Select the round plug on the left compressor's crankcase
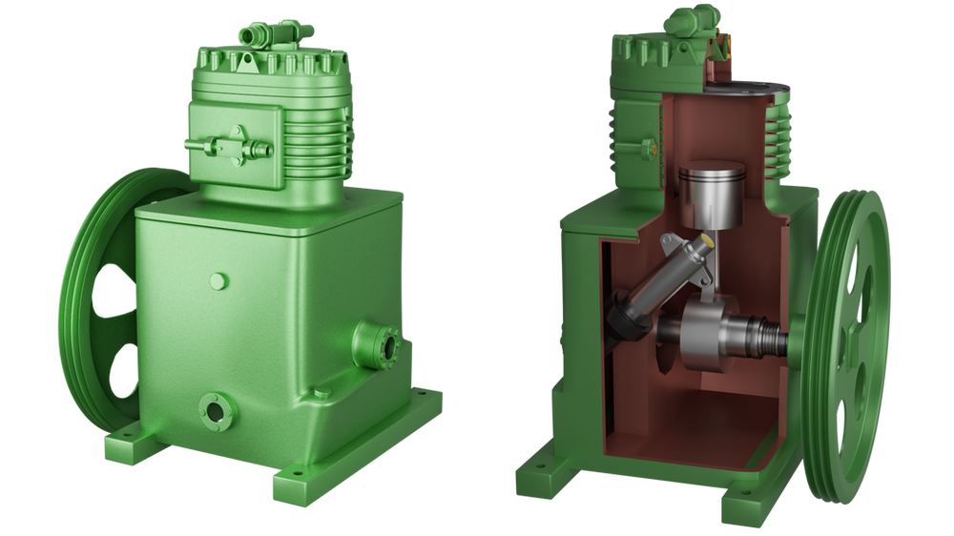[x=218, y=280]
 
